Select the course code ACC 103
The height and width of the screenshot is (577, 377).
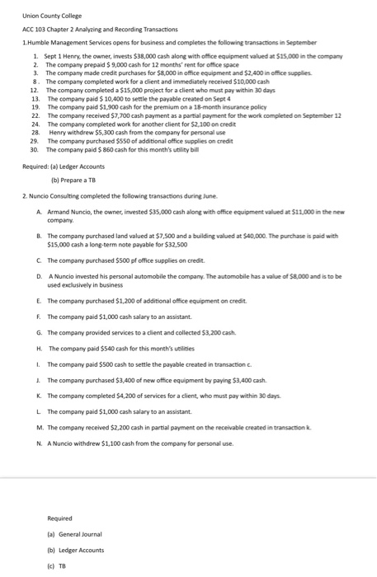(x=35, y=29)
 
